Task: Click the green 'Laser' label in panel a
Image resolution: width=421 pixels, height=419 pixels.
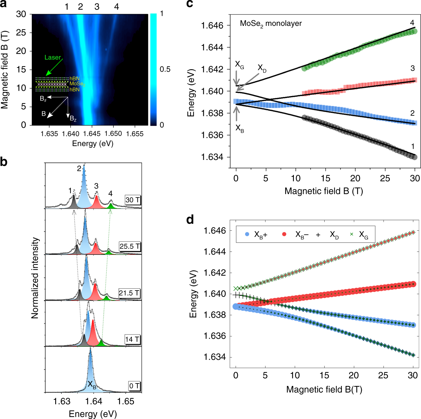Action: pyautogui.click(x=52, y=57)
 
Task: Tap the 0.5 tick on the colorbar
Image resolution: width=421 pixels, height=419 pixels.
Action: pyautogui.click(x=165, y=69)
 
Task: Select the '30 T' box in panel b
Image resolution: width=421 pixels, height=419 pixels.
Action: pyautogui.click(x=133, y=200)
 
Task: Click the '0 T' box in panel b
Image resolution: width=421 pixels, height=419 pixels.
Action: pyautogui.click(x=135, y=386)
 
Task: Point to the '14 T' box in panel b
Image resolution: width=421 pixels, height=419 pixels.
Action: pyautogui.click(x=132, y=339)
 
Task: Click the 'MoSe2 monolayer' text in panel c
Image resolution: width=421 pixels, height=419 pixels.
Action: pyautogui.click(x=270, y=24)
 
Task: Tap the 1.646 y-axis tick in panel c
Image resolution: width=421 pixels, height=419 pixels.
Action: pyautogui.click(x=212, y=26)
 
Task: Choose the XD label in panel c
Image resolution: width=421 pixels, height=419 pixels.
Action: pyautogui.click(x=262, y=68)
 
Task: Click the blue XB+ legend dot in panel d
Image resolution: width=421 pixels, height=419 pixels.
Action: pyautogui.click(x=247, y=234)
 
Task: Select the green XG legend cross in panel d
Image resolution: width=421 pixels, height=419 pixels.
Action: pyautogui.click(x=352, y=234)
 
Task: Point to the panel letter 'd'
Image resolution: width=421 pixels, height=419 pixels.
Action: pyautogui.click(x=190, y=219)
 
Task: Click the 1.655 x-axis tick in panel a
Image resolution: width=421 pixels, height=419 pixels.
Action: pyautogui.click(x=135, y=134)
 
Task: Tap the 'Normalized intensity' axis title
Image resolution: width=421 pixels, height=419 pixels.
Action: pyautogui.click(x=35, y=278)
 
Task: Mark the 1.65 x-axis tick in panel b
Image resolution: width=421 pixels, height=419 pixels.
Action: pyautogui.click(x=126, y=401)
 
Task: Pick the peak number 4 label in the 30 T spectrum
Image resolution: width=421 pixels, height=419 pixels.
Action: pyautogui.click(x=110, y=194)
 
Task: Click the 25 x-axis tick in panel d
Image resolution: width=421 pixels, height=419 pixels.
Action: pyautogui.click(x=383, y=375)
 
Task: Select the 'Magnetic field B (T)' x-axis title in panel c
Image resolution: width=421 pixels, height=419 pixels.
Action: pyautogui.click(x=323, y=191)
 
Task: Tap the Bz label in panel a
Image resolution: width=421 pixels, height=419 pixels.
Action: pyautogui.click(x=73, y=118)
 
